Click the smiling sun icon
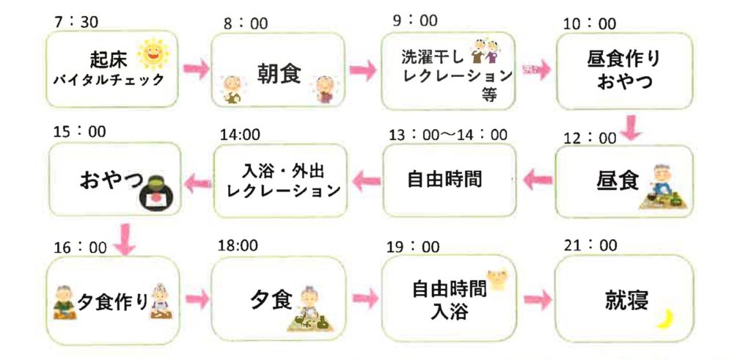click(x=152, y=53)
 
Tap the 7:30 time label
click(x=76, y=23)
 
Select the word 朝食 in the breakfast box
click(x=279, y=73)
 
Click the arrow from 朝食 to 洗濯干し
click(x=362, y=70)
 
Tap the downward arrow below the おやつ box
click(x=126, y=241)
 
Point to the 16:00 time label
click(x=80, y=247)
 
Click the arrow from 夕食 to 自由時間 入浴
click(x=364, y=298)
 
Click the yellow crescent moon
click(x=665, y=317)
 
